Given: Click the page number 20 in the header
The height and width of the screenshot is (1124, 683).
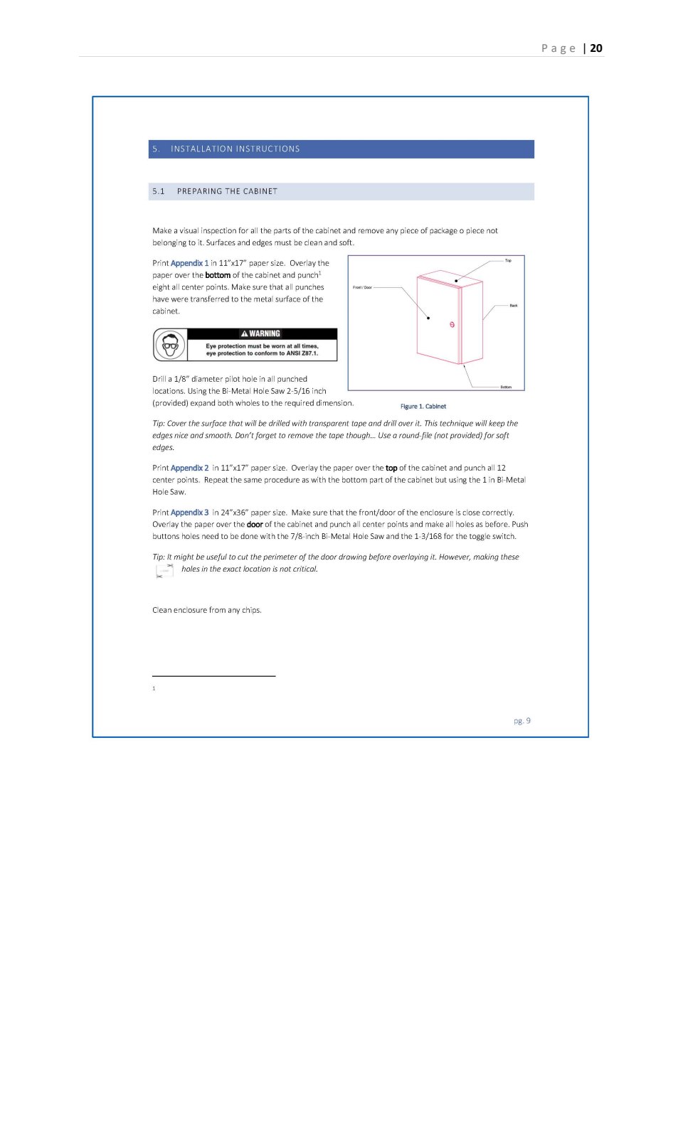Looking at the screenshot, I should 596,48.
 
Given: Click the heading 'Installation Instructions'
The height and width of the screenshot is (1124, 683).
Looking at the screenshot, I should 235,149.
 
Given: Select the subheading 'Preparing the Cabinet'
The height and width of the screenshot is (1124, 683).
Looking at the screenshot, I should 227,191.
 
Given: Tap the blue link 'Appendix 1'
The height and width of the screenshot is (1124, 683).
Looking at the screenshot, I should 189,263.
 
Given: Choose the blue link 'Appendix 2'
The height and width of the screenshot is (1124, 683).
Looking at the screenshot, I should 189,468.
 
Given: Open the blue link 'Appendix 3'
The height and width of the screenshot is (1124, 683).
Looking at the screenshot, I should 189,513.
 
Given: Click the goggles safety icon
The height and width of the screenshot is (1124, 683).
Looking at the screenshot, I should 170,346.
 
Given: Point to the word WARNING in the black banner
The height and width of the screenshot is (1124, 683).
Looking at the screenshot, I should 264,333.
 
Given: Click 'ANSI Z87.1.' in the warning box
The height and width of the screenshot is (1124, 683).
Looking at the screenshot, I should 302,353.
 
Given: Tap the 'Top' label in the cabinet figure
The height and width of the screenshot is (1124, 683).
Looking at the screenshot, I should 508,260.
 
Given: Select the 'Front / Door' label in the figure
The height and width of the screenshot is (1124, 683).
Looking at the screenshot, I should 362,287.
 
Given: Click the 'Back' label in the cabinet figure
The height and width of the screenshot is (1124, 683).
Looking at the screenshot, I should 514,305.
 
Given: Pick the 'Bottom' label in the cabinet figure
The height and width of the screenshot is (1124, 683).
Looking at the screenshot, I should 506,387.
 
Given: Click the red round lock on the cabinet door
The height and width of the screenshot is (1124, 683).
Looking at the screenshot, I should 452,325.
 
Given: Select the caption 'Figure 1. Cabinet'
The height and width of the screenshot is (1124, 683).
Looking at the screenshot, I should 423,407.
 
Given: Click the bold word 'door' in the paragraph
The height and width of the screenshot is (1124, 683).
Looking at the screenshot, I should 255,525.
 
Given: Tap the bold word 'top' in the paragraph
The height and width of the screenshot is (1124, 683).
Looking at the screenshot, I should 391,468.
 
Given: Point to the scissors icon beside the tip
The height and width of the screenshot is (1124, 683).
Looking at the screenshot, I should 165,570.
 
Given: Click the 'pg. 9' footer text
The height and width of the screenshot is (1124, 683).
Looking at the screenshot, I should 522,721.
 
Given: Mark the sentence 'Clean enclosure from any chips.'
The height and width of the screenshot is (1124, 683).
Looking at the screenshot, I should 207,610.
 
